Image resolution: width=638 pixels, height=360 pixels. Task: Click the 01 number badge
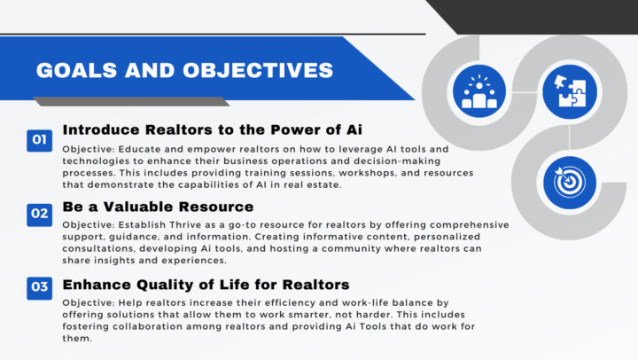click(x=39, y=139)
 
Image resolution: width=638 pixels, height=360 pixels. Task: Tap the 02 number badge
click(x=39, y=213)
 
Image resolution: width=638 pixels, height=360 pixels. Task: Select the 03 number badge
click(x=39, y=286)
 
